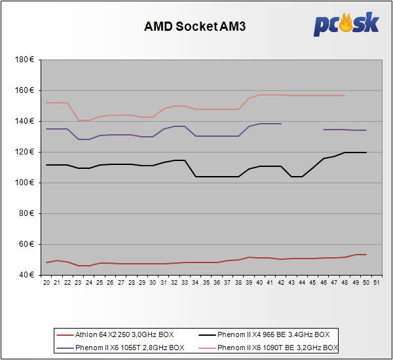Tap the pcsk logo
point(345,24)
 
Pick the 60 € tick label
point(29,244)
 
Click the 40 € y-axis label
point(29,275)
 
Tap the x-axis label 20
point(47,283)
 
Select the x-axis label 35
point(206,283)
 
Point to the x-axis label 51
point(377,283)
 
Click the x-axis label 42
point(281,283)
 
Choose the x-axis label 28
point(132,283)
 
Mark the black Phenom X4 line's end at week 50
point(365,153)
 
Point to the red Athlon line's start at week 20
point(47,262)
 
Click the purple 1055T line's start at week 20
point(47,129)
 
